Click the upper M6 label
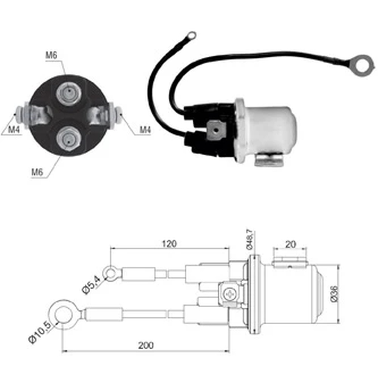51,55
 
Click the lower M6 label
37,172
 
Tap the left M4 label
14,130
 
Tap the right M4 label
145,130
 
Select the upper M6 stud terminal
69,93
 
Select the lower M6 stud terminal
69,139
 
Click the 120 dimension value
169,244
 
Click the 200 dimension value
146,345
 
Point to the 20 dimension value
290,245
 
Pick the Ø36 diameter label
335,294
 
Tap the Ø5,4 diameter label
91,285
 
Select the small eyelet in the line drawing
111,273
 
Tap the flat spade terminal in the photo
216,130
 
